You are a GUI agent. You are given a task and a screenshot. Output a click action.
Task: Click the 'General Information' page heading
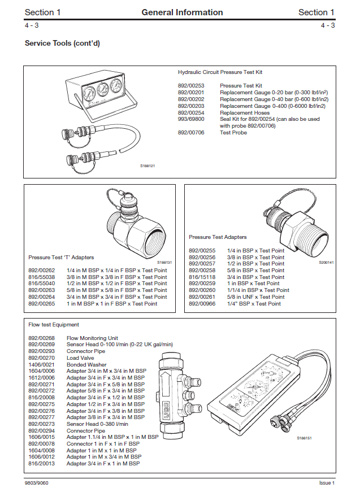[182, 12]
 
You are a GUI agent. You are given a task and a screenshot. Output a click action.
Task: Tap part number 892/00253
[190, 85]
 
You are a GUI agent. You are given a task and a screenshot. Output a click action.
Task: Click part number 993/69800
[190, 119]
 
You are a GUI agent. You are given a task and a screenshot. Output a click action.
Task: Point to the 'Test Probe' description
[233, 133]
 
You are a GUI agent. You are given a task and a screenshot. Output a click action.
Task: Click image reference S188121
[148, 165]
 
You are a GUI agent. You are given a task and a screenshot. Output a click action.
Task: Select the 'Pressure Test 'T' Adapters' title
[61, 257]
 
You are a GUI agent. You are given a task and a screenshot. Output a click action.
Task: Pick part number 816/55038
[41, 277]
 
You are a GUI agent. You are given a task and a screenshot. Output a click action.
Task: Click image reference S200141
[326, 262]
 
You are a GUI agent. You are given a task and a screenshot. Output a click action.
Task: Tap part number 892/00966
[202, 303]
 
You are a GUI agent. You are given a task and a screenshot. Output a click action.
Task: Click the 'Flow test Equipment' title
[54, 325]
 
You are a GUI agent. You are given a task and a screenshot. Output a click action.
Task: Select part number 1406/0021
[41, 364]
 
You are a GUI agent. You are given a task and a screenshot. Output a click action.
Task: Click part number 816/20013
[41, 463]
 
